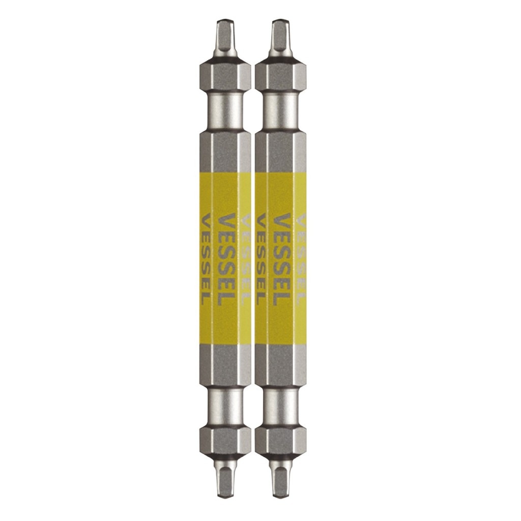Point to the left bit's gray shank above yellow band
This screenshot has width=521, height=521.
click(224, 150)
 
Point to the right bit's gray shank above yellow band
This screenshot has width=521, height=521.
click(280, 150)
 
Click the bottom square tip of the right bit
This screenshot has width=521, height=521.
click(279, 481)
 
